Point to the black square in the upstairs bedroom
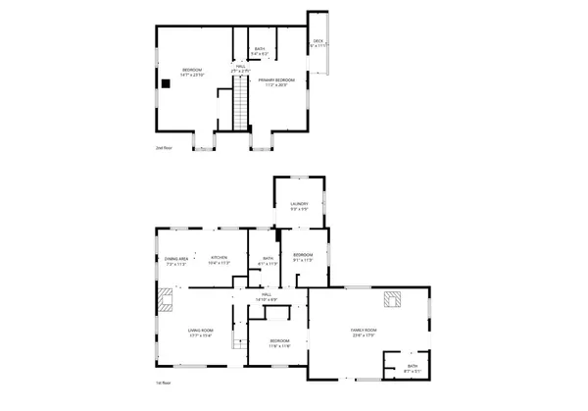(x=166, y=83)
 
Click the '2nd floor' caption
(x=163, y=149)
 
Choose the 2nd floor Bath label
(x=260, y=51)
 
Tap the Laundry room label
(x=299, y=206)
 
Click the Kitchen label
(x=218, y=260)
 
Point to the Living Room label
(x=201, y=334)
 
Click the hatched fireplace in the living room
(x=164, y=299)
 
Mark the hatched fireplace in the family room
(x=392, y=299)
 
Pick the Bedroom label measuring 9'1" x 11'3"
(x=303, y=258)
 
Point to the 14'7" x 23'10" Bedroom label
(x=191, y=72)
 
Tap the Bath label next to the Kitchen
(x=267, y=261)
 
